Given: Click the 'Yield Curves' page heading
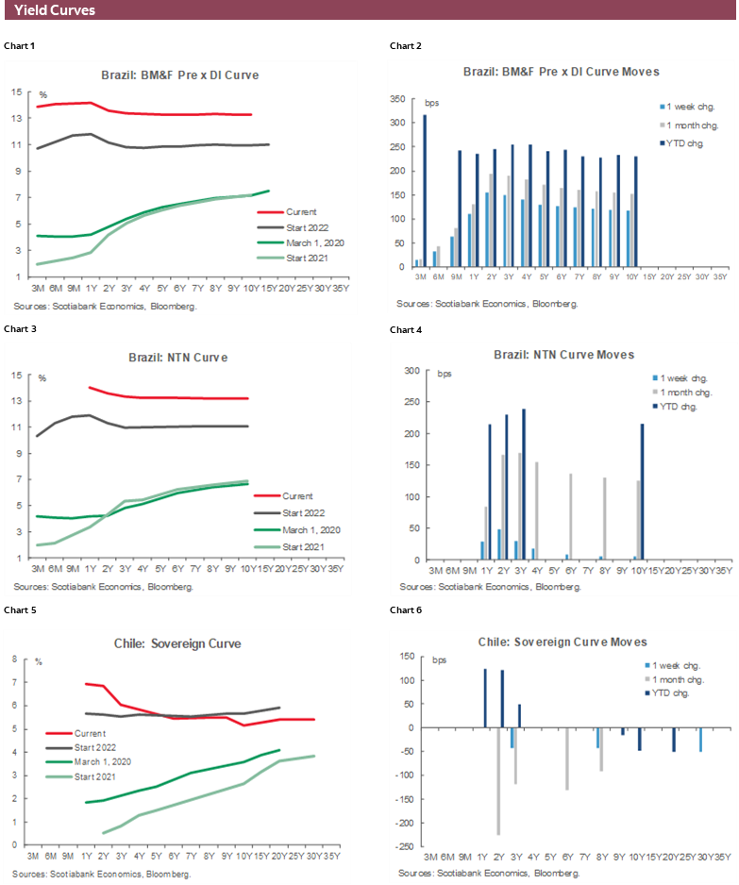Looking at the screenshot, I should (55, 10).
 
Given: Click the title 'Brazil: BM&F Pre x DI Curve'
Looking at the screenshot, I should (179, 74).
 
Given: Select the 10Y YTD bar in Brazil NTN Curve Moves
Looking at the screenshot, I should (643, 492).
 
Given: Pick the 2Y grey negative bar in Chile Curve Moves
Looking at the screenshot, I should (498, 780).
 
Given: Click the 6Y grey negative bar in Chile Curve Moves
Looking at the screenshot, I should (566, 759).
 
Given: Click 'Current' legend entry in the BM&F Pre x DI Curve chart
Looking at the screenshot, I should (299, 211).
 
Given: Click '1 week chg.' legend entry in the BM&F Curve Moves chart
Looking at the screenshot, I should (695, 107).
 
